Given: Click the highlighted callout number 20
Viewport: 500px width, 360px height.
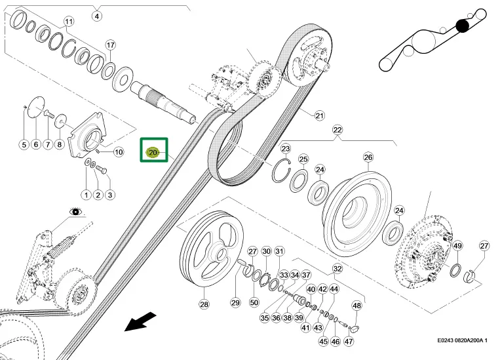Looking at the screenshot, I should [153, 153].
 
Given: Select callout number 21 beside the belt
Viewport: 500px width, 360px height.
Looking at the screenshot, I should [319, 116].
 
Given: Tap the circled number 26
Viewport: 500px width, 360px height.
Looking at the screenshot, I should [368, 157].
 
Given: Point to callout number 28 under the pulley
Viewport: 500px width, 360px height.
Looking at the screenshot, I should [204, 304].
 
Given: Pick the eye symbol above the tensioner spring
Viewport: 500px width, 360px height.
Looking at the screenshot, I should [77, 212].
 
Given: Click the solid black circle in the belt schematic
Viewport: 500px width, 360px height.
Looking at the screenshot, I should [463, 26].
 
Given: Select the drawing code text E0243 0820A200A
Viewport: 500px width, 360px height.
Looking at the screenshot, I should [468, 341].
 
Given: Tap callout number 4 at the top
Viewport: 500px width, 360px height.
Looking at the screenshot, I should [97, 16].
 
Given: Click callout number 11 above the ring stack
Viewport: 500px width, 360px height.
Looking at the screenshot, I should [68, 22].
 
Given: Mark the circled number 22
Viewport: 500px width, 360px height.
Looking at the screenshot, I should [337, 129].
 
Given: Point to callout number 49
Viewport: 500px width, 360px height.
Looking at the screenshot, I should [458, 246].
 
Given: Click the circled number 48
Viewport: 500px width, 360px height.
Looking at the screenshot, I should [357, 306].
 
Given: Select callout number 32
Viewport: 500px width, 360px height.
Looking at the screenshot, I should [337, 269].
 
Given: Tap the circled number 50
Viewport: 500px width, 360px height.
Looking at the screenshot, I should [253, 302].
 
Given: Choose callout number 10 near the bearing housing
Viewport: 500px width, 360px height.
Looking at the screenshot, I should [119, 152].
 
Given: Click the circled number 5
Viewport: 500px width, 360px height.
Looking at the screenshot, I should [23, 144].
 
